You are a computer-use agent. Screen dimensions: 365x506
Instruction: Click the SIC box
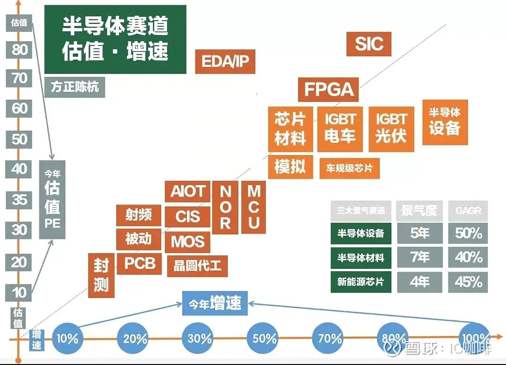pos(369,44)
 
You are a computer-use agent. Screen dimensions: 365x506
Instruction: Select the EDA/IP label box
pos(225,61)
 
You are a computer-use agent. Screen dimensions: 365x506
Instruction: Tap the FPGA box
pos(328,89)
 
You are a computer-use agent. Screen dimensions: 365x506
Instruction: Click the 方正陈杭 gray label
pos(75,87)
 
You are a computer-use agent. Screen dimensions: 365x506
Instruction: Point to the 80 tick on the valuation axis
pos(19,49)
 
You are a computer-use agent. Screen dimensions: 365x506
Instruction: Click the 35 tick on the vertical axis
pos(19,200)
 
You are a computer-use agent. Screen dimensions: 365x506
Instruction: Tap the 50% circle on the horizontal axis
pos(265,337)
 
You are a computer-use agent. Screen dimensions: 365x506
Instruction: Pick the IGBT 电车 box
pos(340,128)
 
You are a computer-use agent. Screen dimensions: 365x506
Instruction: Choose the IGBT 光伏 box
pos(391,128)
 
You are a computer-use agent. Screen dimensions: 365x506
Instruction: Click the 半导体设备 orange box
pos(445,121)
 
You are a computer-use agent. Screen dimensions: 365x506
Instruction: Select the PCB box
pos(140,264)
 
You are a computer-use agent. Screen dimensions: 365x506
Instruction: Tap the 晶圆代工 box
pos(197,266)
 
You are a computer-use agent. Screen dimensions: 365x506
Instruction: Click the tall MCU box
pos(253,207)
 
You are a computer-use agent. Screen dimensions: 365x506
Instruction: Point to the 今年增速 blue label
pos(215,303)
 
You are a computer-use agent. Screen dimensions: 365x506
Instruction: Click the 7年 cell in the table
pos(419,257)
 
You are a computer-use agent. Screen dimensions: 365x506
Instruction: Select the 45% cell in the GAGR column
pos(468,282)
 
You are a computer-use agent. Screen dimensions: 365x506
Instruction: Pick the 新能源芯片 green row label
pos(361,282)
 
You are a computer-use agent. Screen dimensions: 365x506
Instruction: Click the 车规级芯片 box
pos(349,168)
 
